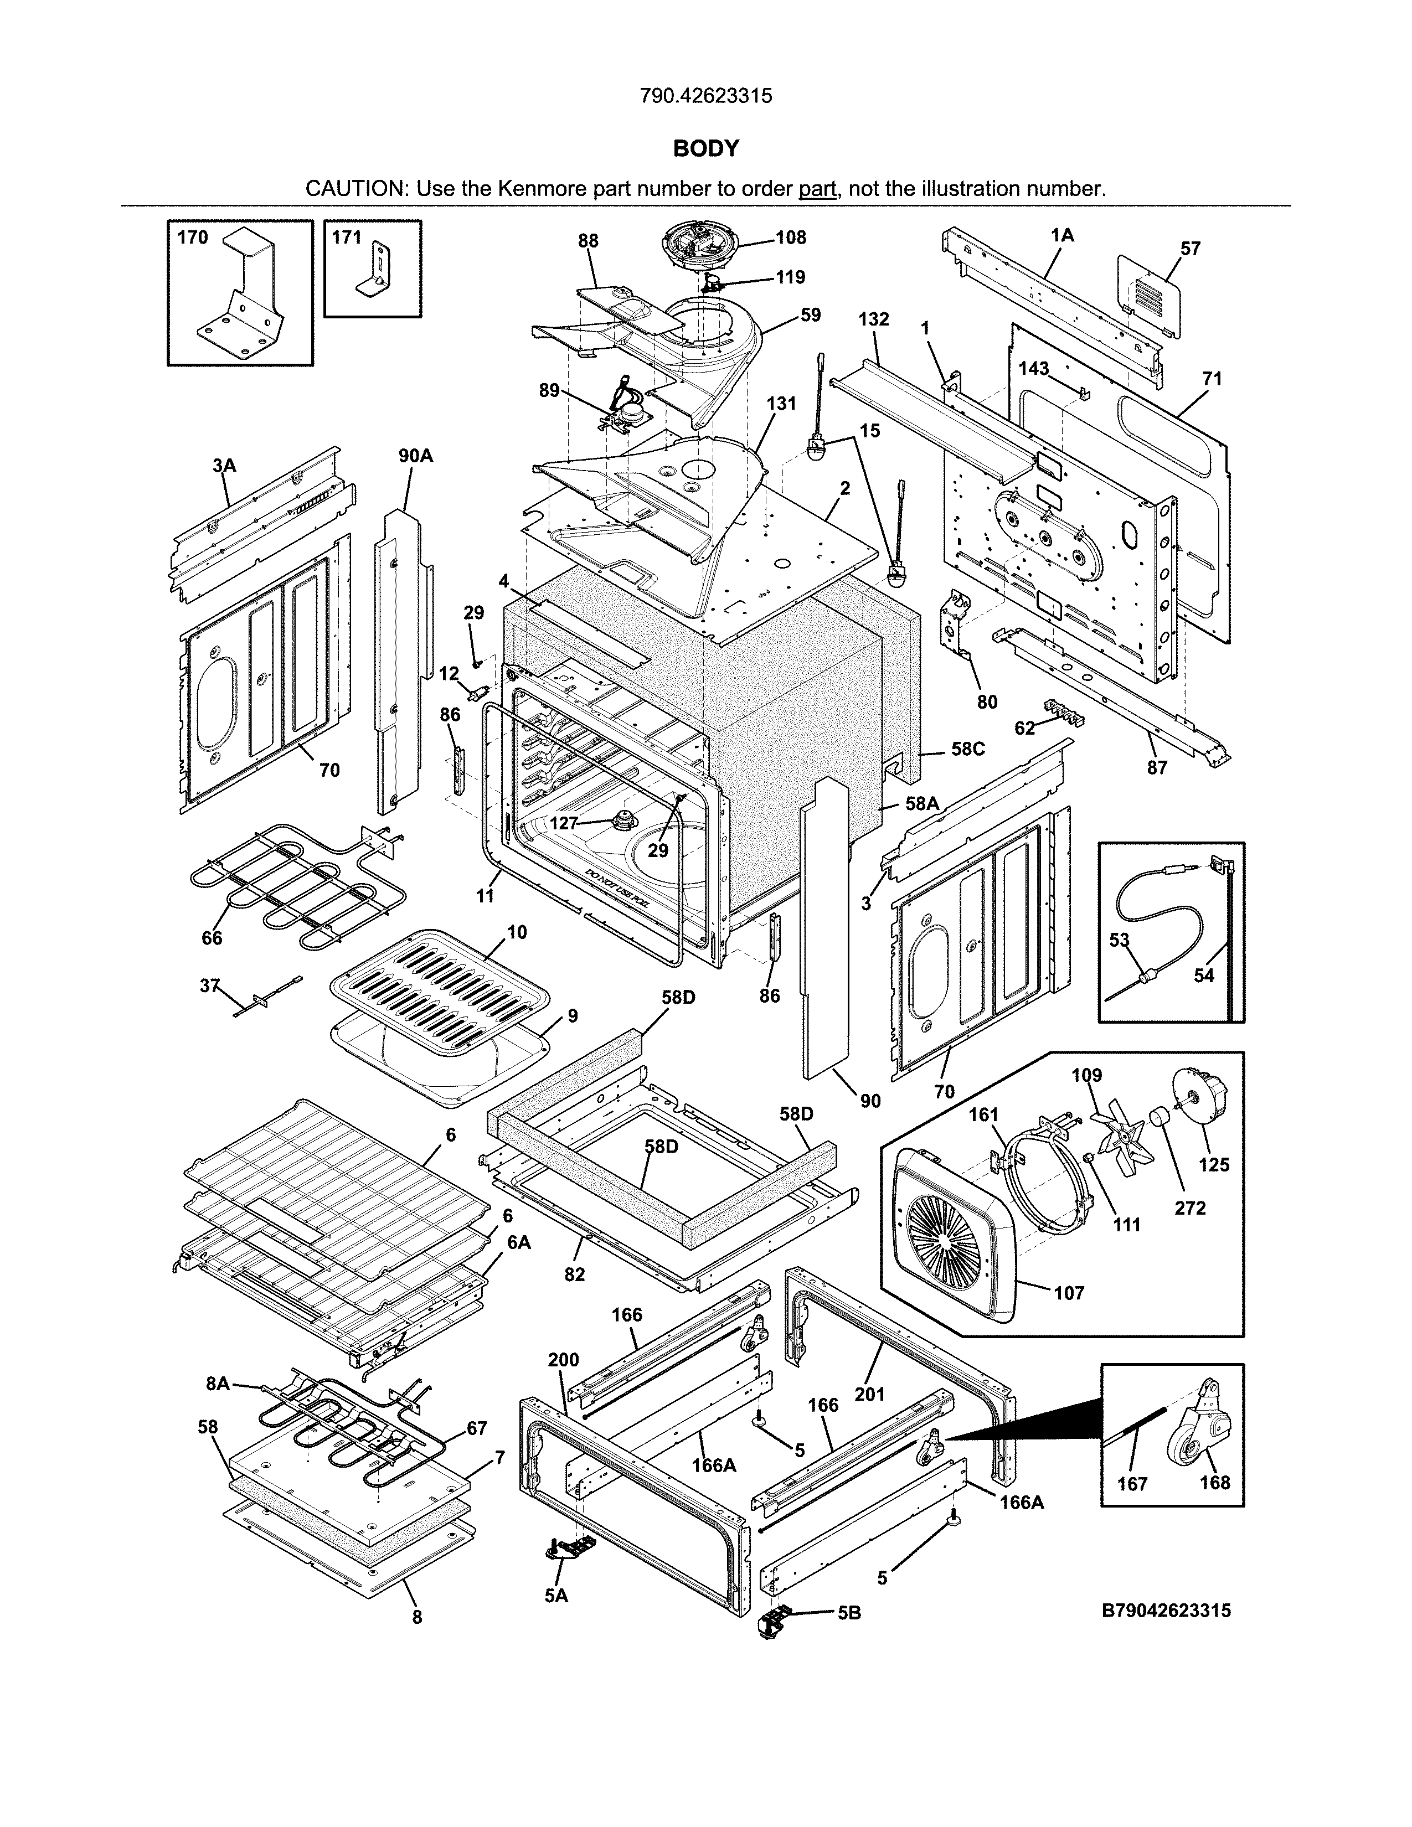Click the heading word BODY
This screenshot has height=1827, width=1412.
pyautogui.click(x=706, y=149)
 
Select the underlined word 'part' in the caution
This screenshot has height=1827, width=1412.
pyautogui.click(x=817, y=189)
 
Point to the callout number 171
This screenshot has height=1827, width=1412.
pyautogui.click(x=346, y=238)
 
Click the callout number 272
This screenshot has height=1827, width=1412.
pyautogui.click(x=1189, y=1208)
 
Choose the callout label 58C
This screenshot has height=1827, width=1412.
pyautogui.click(x=968, y=749)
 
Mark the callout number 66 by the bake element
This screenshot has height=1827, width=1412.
pyautogui.click(x=212, y=938)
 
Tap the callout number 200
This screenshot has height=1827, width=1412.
pyautogui.click(x=563, y=1360)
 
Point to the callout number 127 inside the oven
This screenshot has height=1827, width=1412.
pyautogui.click(x=564, y=823)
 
